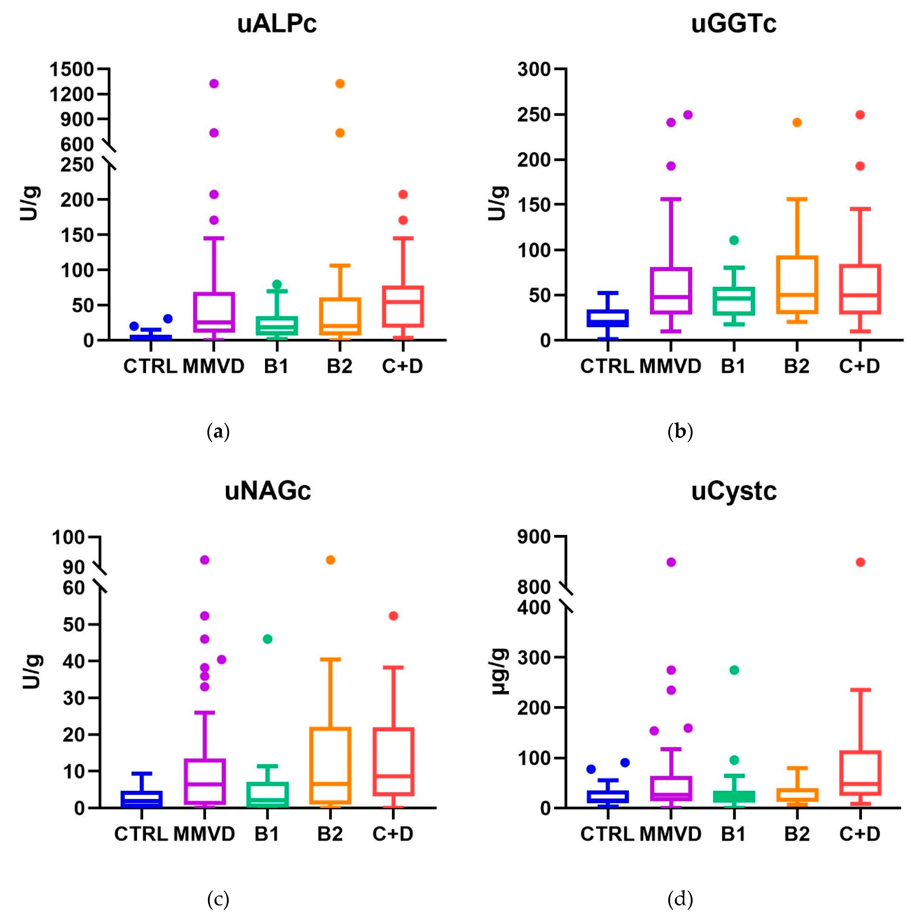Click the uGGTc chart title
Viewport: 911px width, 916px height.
click(x=733, y=24)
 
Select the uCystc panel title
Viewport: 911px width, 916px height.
click(x=733, y=491)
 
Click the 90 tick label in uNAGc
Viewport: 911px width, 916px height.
click(x=73, y=567)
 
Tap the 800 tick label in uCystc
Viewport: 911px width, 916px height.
click(x=534, y=588)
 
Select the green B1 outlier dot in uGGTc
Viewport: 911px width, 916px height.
click(x=734, y=240)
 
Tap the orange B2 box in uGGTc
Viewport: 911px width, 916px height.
click(x=797, y=284)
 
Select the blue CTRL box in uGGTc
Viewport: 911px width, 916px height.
click(x=608, y=318)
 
